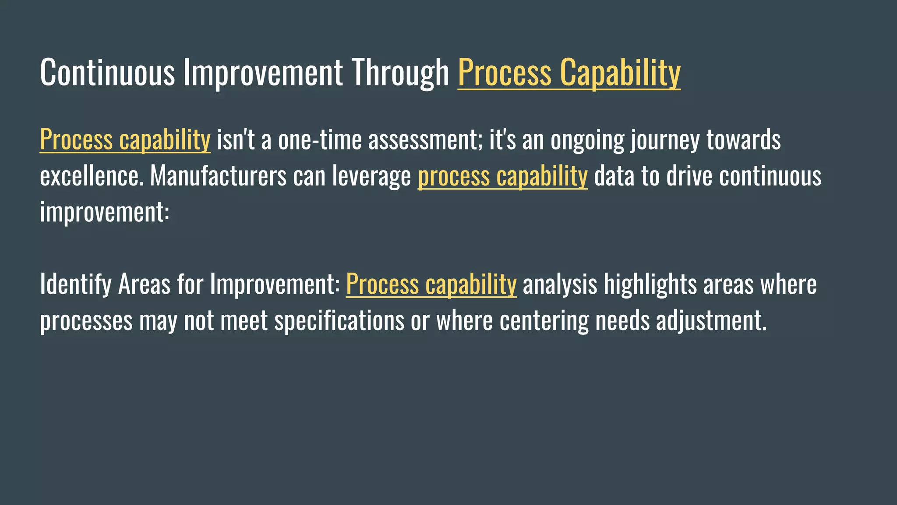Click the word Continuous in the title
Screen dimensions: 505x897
107,73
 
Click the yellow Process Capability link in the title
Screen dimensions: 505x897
569,73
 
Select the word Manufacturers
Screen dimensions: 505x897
218,176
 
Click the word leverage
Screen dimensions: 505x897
371,176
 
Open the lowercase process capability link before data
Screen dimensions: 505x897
502,176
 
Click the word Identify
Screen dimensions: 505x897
76,285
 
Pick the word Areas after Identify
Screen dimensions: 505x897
144,285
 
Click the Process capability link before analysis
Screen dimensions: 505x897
431,285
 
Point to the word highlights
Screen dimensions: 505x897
650,285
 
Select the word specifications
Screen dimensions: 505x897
339,321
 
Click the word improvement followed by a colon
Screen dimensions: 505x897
104,212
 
